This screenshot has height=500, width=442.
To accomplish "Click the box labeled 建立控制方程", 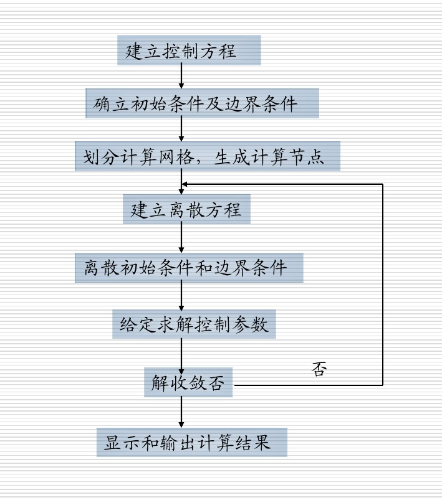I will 188,51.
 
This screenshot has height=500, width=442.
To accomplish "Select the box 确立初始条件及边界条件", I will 202,103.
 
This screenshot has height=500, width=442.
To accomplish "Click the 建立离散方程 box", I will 186,210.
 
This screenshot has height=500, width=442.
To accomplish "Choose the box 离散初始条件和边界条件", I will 189,268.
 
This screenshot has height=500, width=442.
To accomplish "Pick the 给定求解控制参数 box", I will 194,324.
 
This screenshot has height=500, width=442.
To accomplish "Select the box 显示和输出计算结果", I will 192,443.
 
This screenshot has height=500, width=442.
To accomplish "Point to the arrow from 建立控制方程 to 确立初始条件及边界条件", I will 181,77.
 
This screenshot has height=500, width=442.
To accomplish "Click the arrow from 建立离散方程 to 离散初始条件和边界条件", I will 181,238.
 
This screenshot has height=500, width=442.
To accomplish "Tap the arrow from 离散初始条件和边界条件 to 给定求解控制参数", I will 181,296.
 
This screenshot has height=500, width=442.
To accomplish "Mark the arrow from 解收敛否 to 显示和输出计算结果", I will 181,412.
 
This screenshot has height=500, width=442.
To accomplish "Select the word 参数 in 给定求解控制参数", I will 255,324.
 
